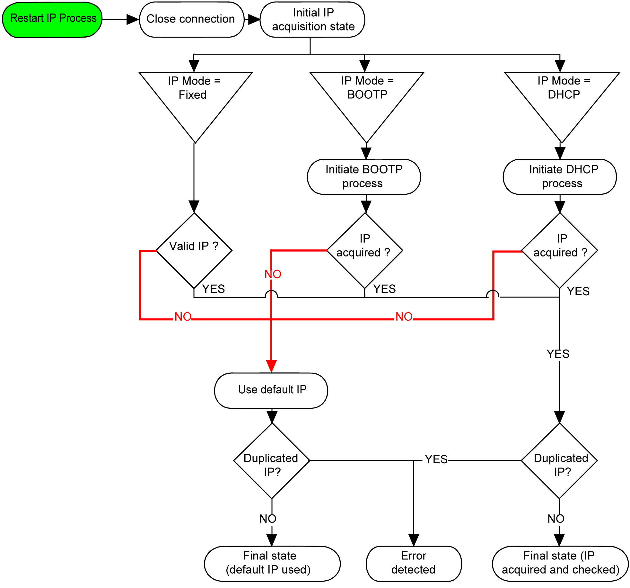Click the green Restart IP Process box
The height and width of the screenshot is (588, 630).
point(52,19)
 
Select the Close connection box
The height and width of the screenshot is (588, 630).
point(191,19)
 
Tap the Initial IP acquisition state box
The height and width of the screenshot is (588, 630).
point(312,19)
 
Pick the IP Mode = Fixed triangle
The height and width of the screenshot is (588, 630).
point(195,96)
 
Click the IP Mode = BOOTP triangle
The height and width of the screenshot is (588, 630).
point(367,96)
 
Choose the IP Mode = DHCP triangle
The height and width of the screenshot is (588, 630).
point(562,96)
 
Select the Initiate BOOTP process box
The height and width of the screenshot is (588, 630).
point(364,177)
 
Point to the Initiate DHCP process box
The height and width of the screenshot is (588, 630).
point(560,177)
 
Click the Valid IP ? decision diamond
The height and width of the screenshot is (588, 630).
point(194,250)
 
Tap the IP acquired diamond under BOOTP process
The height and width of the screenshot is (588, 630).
point(365,250)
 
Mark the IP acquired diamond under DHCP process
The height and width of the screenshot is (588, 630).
point(560,250)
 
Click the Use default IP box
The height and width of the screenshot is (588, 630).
point(271,390)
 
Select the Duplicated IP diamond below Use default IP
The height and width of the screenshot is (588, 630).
point(272,461)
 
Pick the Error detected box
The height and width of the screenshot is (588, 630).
point(414,564)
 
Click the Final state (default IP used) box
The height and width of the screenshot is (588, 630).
point(272,564)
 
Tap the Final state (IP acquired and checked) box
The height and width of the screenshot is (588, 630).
point(560,564)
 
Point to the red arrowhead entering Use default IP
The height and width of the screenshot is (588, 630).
point(271,366)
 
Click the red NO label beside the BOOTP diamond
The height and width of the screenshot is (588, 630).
point(273,274)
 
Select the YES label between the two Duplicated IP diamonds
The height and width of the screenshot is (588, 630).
point(436,459)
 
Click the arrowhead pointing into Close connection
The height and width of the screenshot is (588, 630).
point(132,19)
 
